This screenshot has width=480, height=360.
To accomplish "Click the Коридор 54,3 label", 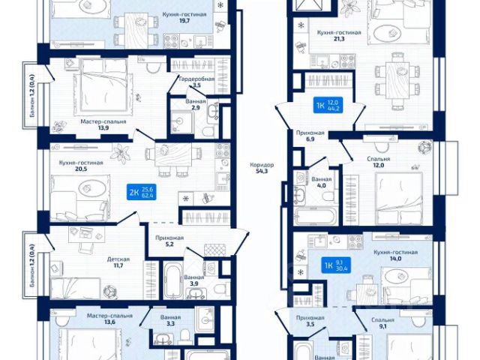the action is coord(262,169).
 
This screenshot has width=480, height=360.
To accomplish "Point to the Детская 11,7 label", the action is coord(116,262).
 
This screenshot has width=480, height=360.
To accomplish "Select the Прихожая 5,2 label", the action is coord(169,241).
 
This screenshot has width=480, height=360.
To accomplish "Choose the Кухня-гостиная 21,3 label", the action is coord(339,37).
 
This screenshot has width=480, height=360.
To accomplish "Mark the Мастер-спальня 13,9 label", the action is coord(103,124).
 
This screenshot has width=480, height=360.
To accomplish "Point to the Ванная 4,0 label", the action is coord(322,184).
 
